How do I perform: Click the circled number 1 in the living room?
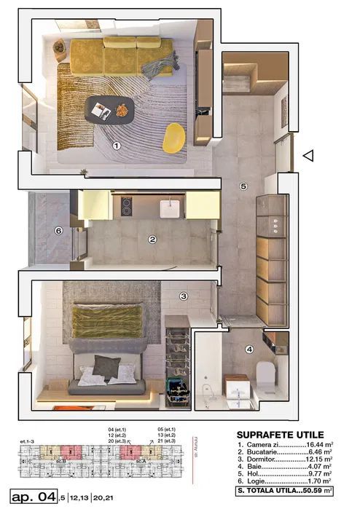(x=116, y=146)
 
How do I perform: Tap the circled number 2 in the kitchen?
(x=152, y=239)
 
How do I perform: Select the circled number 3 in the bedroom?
(x=184, y=296)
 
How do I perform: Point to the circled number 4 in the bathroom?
(x=249, y=349)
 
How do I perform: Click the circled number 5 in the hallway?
(x=243, y=186)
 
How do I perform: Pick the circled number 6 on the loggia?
(x=59, y=232)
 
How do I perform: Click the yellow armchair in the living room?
(x=173, y=138)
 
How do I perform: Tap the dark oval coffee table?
(x=110, y=110)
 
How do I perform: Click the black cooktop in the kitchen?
(x=125, y=207)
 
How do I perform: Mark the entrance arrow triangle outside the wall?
(x=308, y=155)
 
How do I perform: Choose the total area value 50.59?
(x=313, y=492)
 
